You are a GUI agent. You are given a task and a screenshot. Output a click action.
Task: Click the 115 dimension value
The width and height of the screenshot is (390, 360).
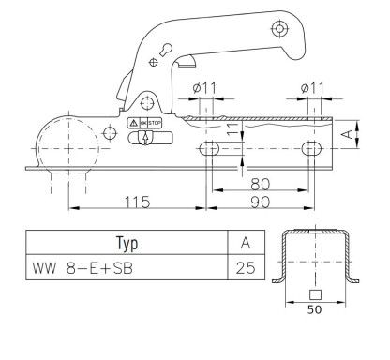coord(138,202)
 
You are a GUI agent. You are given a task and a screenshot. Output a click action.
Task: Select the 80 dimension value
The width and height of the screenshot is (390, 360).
coord(260,184)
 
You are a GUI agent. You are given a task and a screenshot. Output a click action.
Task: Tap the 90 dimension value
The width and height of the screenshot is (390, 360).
coord(260,202)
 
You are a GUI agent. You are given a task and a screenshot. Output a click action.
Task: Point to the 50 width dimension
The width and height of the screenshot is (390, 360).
coord(314,309)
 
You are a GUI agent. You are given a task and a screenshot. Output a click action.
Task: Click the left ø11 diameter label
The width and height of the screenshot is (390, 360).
coord(204,88)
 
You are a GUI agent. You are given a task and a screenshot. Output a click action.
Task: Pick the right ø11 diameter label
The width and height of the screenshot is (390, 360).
coord(312,88)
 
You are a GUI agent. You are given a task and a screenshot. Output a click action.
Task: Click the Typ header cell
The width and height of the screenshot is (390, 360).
coord(127,243)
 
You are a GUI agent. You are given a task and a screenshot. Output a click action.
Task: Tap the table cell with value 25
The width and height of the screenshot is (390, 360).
coord(247,267)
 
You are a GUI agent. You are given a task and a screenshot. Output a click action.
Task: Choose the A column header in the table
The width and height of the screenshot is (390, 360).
coord(247,243)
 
